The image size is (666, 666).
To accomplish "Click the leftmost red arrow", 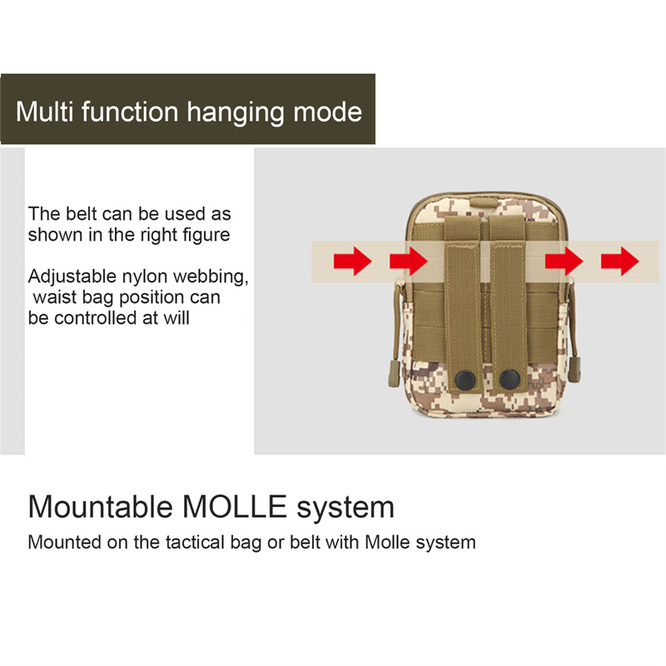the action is click(352, 261).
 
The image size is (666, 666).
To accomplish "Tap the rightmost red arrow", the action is click(619, 261).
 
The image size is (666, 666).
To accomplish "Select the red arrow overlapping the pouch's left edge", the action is click(409, 261).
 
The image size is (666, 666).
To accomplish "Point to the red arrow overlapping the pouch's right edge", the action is click(564, 261).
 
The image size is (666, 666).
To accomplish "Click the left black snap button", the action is click(465, 380).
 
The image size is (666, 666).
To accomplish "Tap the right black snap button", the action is click(509, 380).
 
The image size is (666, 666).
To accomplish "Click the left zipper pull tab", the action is click(394, 373).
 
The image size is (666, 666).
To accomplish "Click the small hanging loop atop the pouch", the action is click(484, 201).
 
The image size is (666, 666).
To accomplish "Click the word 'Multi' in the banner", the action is click(45, 112).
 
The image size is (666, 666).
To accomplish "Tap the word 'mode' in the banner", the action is click(327, 112).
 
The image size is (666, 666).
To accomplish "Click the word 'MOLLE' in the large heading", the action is click(235, 506).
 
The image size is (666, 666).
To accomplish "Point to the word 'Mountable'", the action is click(100, 506).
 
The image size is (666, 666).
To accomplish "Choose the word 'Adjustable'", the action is click(72, 277).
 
